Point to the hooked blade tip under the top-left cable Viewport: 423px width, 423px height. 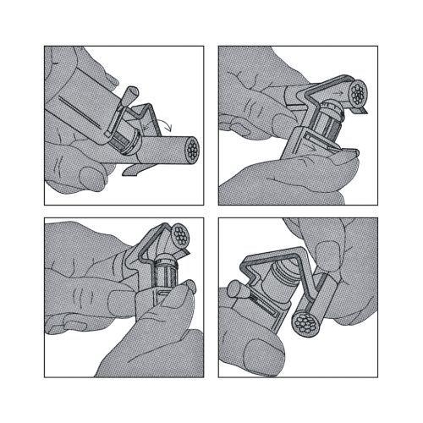pos(129,171)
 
